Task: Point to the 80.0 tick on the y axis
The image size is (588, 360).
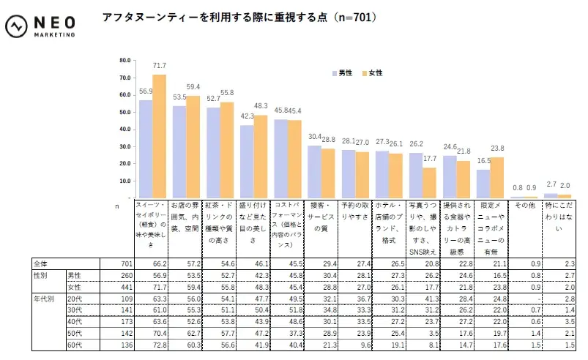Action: [124, 61]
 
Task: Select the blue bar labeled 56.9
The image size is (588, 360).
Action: [146, 149]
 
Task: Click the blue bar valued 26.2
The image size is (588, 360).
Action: [416, 176]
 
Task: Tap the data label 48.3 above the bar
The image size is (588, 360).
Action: [260, 107]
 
